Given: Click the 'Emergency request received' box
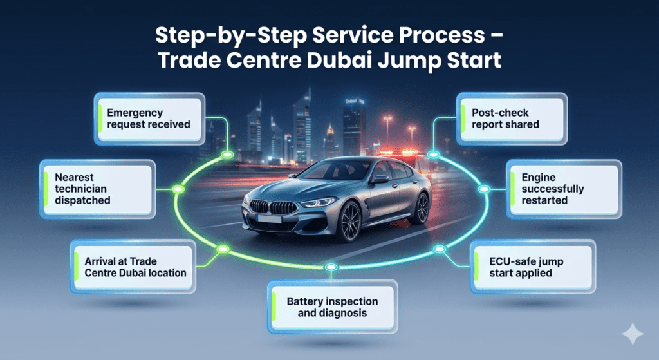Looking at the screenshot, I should point(149,118).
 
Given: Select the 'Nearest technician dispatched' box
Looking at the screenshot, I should point(98,188).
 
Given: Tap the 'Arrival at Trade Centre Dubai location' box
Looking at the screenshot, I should point(133,267).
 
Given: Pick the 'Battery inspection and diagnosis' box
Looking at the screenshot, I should point(331,307).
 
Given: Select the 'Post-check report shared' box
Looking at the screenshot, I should point(512,118).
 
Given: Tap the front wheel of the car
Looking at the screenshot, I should point(349,221).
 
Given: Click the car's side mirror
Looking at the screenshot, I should point(379,179).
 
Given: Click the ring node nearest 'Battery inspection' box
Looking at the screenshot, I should point(331,267).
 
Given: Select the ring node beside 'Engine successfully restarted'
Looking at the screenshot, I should point(484,189).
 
